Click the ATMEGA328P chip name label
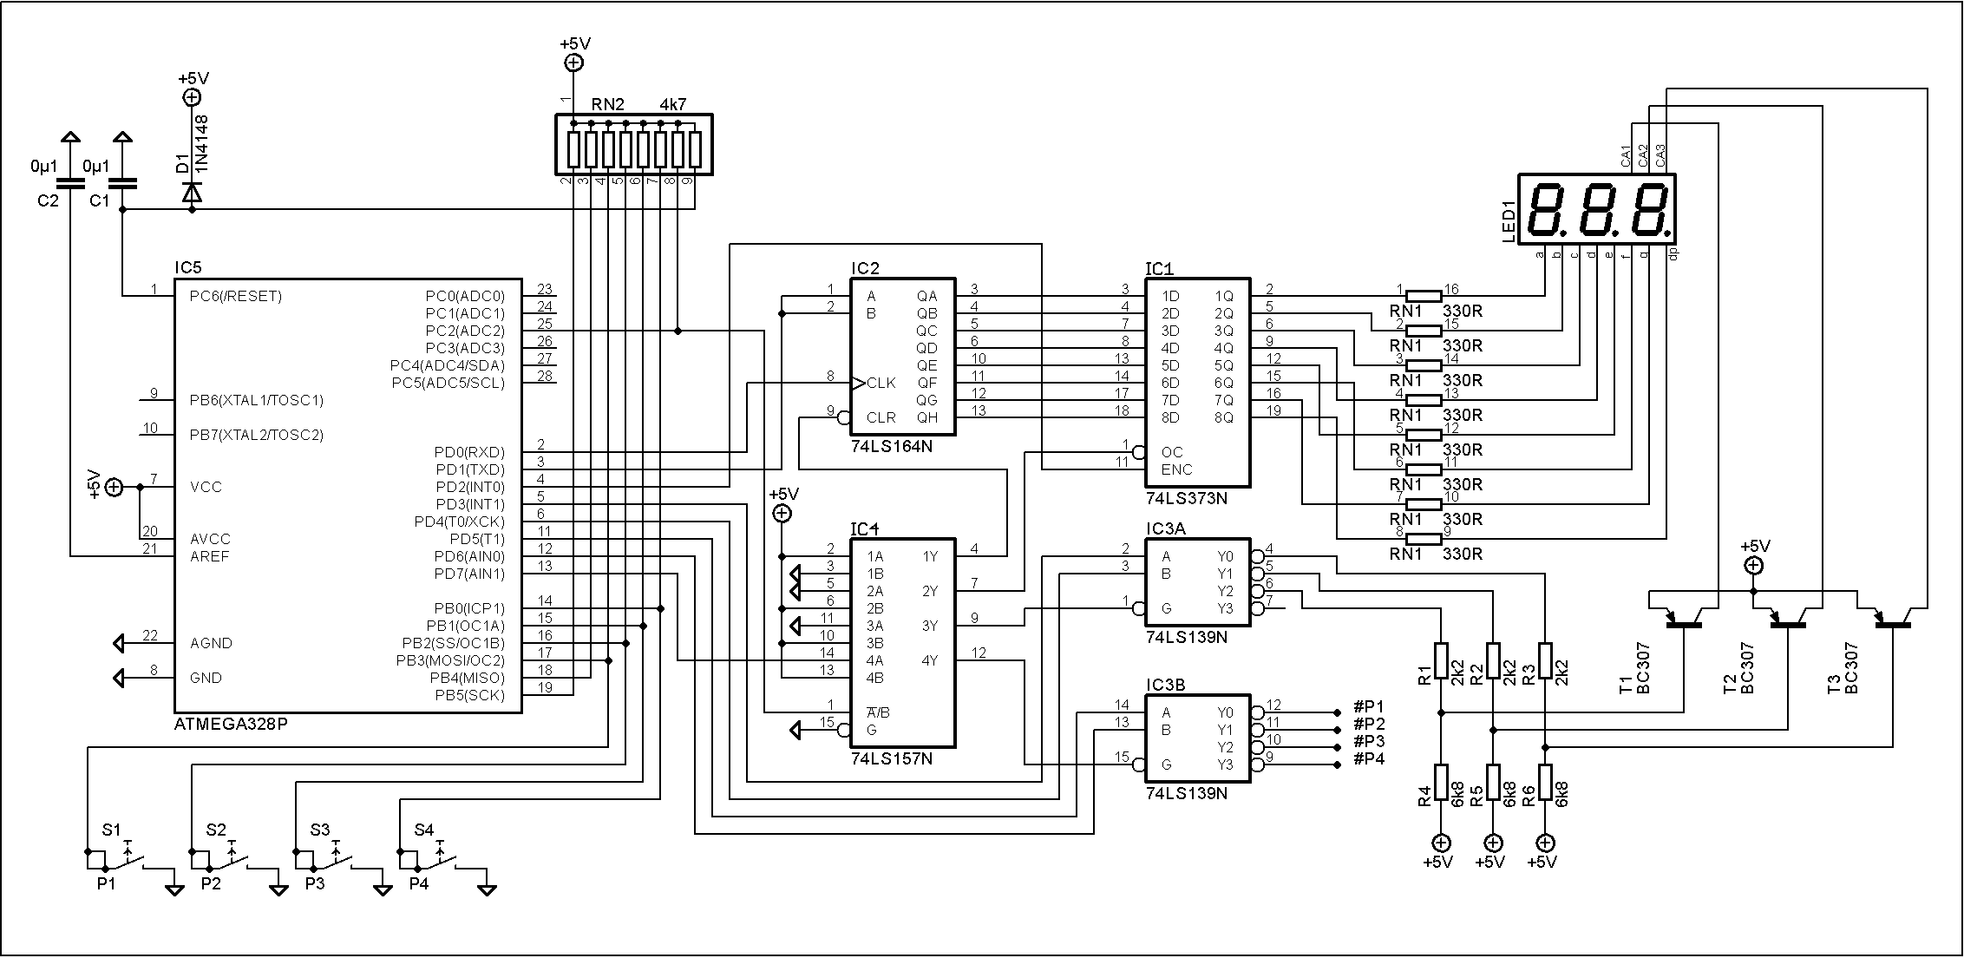[x=231, y=724]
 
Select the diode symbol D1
[x=193, y=193]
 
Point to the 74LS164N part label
[x=891, y=446]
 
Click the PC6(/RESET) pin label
[x=236, y=297]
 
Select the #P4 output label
[x=1369, y=759]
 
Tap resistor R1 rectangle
[x=1441, y=661]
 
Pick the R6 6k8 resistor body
[x=1545, y=782]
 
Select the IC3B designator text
[x=1165, y=686]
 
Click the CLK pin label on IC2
[x=881, y=383]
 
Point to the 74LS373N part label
[x=1186, y=499]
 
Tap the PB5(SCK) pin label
[x=469, y=696]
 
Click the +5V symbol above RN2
[x=573, y=62]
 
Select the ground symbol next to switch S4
[x=487, y=889]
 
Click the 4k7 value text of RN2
[x=673, y=104]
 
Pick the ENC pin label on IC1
[x=1176, y=469]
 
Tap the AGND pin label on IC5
[x=211, y=643]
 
